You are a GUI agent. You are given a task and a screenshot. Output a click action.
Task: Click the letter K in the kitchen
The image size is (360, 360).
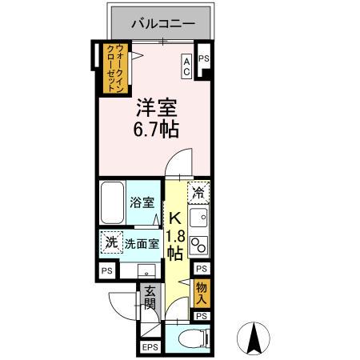(175, 216)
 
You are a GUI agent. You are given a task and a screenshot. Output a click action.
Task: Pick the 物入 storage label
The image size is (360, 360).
(201, 294)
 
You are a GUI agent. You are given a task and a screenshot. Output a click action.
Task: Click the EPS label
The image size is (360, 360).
(150, 347)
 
